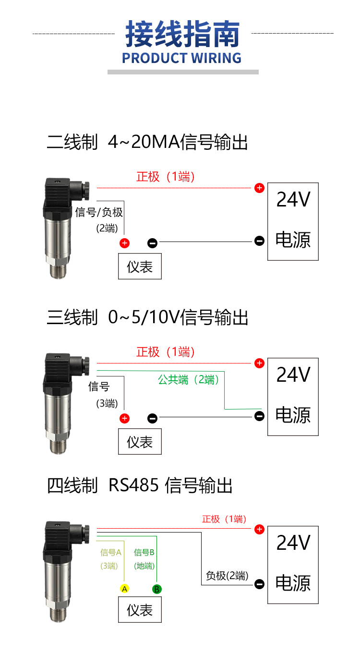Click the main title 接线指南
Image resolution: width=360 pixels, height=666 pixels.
click(x=182, y=34)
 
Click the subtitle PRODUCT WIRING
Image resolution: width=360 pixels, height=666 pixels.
click(x=181, y=58)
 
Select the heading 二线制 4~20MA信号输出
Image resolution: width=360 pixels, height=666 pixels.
click(x=147, y=142)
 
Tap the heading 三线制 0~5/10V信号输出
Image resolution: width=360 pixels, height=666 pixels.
click(x=147, y=317)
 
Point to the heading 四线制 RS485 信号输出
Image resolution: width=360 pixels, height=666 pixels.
click(x=139, y=485)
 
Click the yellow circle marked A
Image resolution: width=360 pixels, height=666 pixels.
click(x=124, y=589)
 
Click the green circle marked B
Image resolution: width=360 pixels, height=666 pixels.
click(x=156, y=589)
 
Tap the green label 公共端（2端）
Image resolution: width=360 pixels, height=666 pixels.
click(x=189, y=380)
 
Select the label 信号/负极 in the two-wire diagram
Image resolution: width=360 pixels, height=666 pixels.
click(x=99, y=212)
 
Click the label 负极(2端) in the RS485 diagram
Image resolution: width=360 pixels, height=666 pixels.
click(x=227, y=576)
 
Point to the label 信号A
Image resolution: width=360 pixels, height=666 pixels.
click(x=110, y=552)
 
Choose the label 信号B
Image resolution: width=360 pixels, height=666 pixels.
click(x=144, y=552)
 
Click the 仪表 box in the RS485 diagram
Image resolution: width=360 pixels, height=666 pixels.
click(x=140, y=610)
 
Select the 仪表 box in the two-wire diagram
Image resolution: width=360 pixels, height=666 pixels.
click(x=140, y=266)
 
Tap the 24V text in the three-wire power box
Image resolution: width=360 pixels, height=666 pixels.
click(x=293, y=375)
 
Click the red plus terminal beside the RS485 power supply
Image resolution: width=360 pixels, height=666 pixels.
click(x=260, y=529)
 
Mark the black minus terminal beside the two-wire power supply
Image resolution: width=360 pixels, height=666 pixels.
click(x=260, y=241)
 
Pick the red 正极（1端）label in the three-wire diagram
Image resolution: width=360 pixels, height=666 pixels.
click(x=166, y=352)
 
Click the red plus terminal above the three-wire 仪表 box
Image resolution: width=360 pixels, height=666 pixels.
click(x=124, y=418)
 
